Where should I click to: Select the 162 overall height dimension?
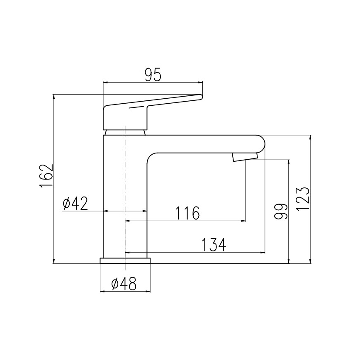[46, 176]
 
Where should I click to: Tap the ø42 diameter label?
[75, 204]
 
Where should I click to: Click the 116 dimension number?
[187, 214]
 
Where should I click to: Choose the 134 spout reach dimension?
[214, 245]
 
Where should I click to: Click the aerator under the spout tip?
[245, 157]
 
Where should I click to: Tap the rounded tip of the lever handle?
[200, 97]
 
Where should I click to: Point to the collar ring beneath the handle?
[125, 132]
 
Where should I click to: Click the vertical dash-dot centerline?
[125, 187]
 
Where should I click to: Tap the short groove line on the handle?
[138, 107]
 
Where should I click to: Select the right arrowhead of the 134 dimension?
[263, 252]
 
